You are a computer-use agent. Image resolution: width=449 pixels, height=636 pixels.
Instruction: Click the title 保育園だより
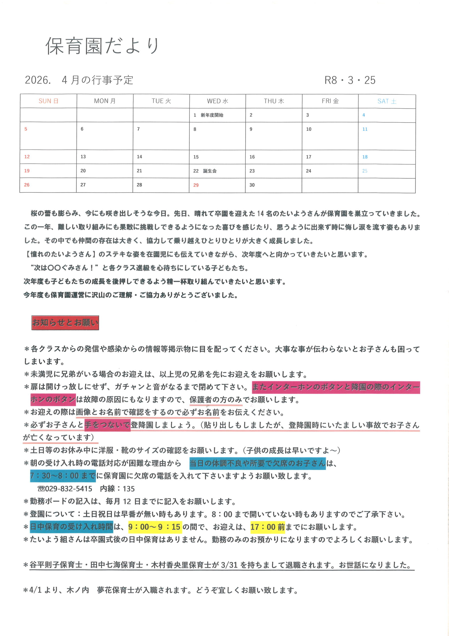(x=102, y=46)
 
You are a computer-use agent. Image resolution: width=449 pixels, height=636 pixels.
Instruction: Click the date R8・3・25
(x=350, y=80)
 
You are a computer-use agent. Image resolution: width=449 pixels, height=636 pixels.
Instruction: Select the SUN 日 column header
(x=48, y=101)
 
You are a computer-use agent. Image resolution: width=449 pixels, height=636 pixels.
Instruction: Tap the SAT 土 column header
(x=387, y=101)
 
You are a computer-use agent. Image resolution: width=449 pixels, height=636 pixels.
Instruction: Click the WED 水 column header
(x=218, y=101)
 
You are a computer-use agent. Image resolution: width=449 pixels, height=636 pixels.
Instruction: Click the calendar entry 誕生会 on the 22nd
(x=210, y=171)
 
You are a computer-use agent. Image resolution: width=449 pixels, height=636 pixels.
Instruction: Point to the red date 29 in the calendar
(x=196, y=185)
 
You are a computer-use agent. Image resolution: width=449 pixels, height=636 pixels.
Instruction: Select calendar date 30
(x=252, y=185)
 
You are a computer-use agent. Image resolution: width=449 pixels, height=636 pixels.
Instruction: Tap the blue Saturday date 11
(x=365, y=129)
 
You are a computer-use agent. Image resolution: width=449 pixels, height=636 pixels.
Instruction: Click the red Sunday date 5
(x=26, y=129)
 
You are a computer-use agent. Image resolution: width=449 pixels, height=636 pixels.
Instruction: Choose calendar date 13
(x=83, y=157)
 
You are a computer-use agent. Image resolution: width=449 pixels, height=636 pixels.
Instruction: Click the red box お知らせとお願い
(x=65, y=323)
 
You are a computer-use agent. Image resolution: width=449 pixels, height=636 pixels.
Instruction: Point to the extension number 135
(x=129, y=489)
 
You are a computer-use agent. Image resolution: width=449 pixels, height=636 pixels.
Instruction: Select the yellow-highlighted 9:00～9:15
(x=155, y=527)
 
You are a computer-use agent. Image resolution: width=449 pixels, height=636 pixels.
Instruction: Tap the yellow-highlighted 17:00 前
(x=267, y=527)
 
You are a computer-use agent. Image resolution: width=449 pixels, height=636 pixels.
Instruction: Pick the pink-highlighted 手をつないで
(x=107, y=425)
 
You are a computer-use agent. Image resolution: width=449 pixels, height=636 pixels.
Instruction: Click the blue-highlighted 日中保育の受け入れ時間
(x=71, y=527)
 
